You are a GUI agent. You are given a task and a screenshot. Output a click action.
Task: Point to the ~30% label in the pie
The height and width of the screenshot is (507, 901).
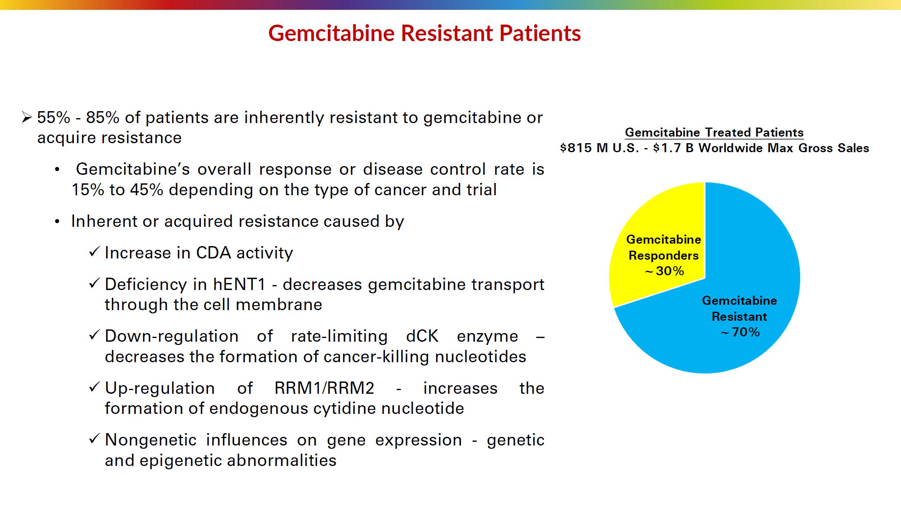[664, 271]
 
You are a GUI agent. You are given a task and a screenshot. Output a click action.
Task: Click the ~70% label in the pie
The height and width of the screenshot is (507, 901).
[740, 332]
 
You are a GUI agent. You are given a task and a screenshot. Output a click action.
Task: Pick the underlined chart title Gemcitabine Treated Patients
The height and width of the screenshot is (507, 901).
[714, 132]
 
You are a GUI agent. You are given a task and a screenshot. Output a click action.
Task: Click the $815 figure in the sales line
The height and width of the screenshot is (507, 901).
[576, 148]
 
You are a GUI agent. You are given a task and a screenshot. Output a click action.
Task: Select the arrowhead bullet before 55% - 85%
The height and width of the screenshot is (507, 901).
[27, 118]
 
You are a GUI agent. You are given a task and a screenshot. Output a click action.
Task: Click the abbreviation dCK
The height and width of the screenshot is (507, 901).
[422, 336]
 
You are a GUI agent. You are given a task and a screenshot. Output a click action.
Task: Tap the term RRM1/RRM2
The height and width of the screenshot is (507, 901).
[324, 388]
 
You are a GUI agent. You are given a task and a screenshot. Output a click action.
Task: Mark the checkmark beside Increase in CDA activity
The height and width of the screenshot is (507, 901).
[94, 251]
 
